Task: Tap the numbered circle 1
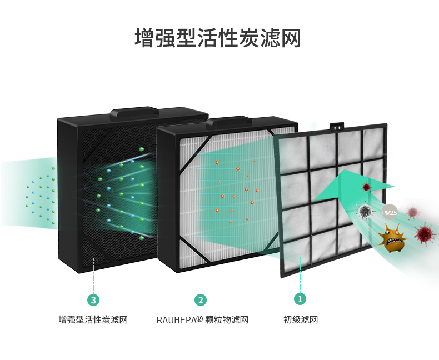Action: pyautogui.click(x=300, y=299)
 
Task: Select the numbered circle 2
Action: pyautogui.click(x=201, y=300)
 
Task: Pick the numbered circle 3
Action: pyautogui.click(x=93, y=300)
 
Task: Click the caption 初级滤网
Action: pyautogui.click(x=301, y=320)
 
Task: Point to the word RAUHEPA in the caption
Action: pyautogui.click(x=176, y=320)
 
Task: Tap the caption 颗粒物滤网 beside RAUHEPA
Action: pyautogui.click(x=226, y=320)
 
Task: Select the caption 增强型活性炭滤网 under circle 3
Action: pyautogui.click(x=93, y=320)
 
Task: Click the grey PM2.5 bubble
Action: pyautogui.click(x=389, y=212)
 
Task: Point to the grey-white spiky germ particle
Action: pyautogui.click(x=365, y=211)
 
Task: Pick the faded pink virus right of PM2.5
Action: pyautogui.click(x=412, y=212)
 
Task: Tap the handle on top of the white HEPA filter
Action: pyautogui.click(x=228, y=121)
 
